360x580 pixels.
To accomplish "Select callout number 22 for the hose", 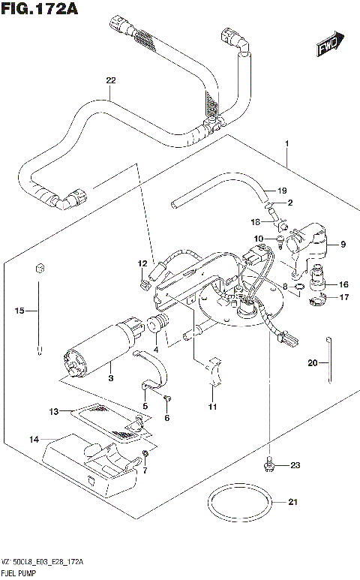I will tap(111, 81).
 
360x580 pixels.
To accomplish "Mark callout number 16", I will tap(343, 285).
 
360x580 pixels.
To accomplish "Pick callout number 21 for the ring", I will tap(292, 502).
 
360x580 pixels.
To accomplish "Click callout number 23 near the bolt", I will tap(294, 465).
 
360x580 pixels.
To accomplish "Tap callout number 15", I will tap(20, 310).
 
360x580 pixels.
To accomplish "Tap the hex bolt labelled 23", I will tap(268, 466).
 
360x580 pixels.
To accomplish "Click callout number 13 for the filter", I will tap(53, 411).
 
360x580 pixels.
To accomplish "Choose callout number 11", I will tap(212, 407).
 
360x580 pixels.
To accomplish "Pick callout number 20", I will tap(313, 363).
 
